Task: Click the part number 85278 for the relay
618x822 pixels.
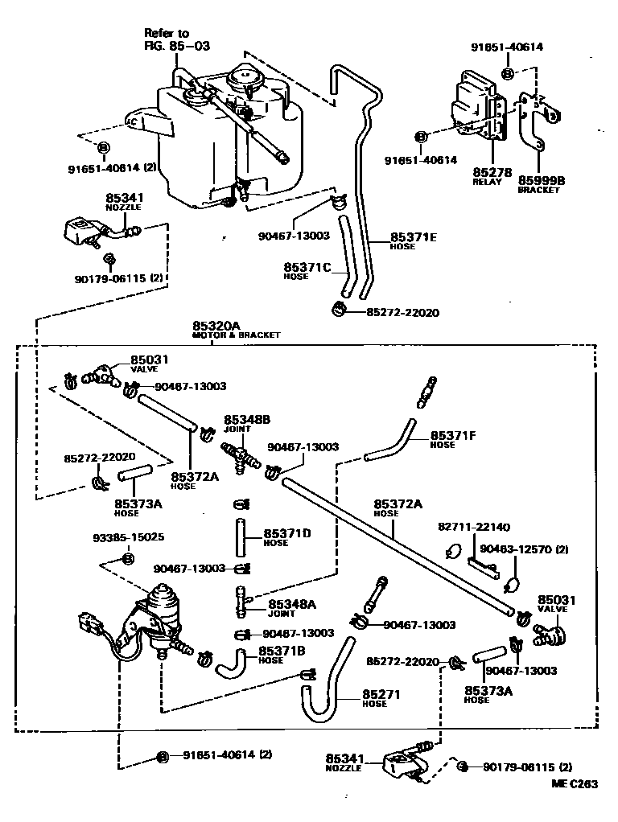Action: coord(488,172)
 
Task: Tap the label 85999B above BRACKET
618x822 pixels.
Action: coord(541,181)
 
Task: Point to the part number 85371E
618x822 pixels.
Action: coord(414,237)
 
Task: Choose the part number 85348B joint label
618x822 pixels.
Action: coord(246,419)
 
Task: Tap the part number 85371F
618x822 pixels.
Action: coord(453,435)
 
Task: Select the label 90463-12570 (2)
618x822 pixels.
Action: coord(524,549)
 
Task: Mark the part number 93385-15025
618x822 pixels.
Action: coord(128,536)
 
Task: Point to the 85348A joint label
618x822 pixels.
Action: coord(292,604)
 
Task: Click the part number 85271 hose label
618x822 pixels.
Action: coord(381,694)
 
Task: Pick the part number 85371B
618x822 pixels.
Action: coord(282,651)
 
